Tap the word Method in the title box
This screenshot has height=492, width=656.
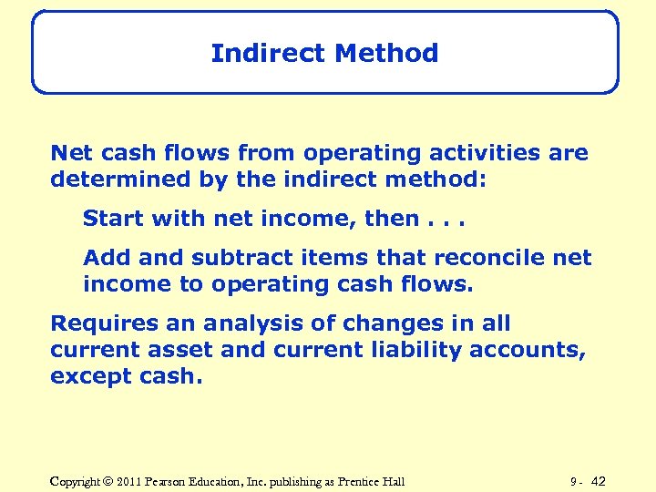[386, 54]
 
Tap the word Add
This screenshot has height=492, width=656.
[103, 259]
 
